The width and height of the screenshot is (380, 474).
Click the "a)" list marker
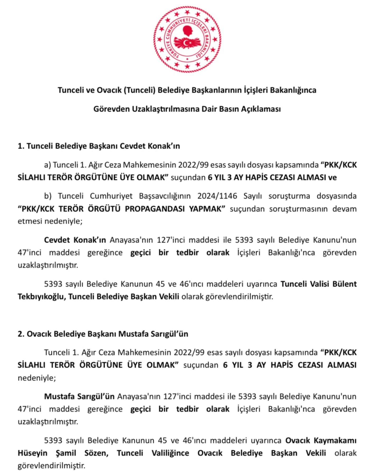47,165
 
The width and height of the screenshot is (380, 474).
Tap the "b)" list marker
48,196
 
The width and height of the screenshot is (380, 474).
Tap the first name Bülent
344,284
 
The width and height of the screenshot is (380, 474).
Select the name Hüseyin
32,453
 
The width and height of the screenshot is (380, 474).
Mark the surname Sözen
96,453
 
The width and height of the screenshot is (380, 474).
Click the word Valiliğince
170,453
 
